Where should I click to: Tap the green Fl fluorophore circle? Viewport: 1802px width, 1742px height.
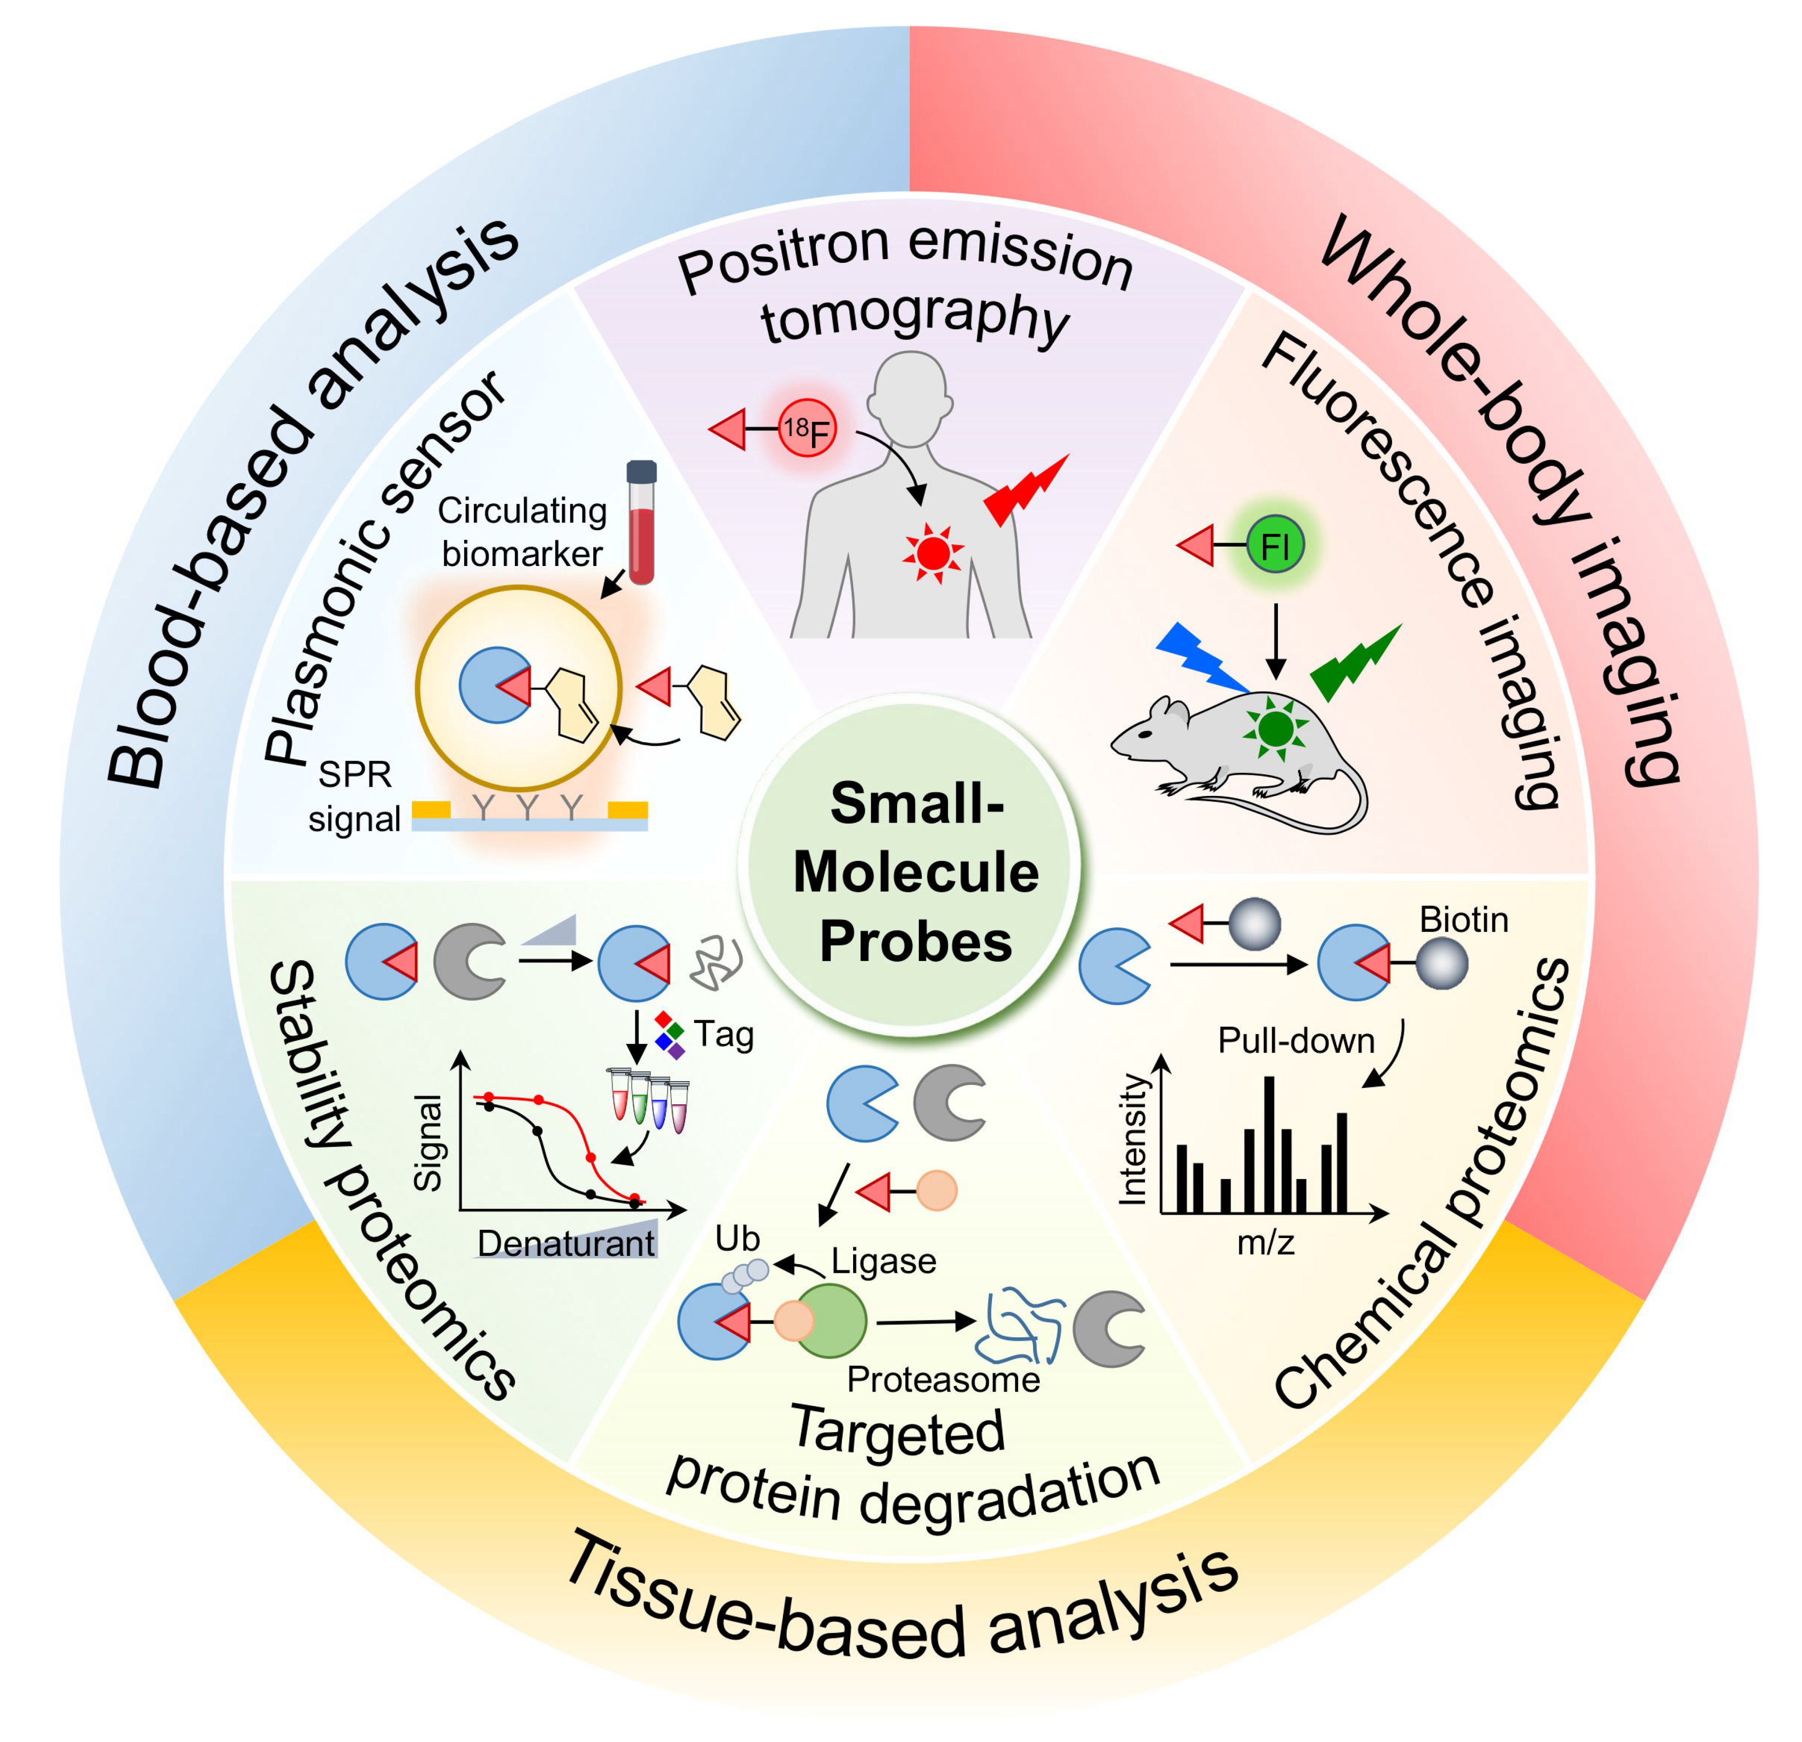(x=1276, y=546)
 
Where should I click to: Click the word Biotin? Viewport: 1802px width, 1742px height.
(x=1464, y=920)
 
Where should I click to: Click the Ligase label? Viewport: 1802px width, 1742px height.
(x=884, y=1261)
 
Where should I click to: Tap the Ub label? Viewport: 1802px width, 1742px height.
(x=737, y=1239)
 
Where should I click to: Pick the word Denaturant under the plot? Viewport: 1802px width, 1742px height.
(x=565, y=1243)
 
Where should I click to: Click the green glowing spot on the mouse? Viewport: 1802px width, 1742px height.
(x=1275, y=729)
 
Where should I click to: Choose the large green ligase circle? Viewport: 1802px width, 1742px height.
(x=830, y=1322)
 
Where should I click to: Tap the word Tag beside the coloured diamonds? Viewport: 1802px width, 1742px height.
(x=723, y=1035)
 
